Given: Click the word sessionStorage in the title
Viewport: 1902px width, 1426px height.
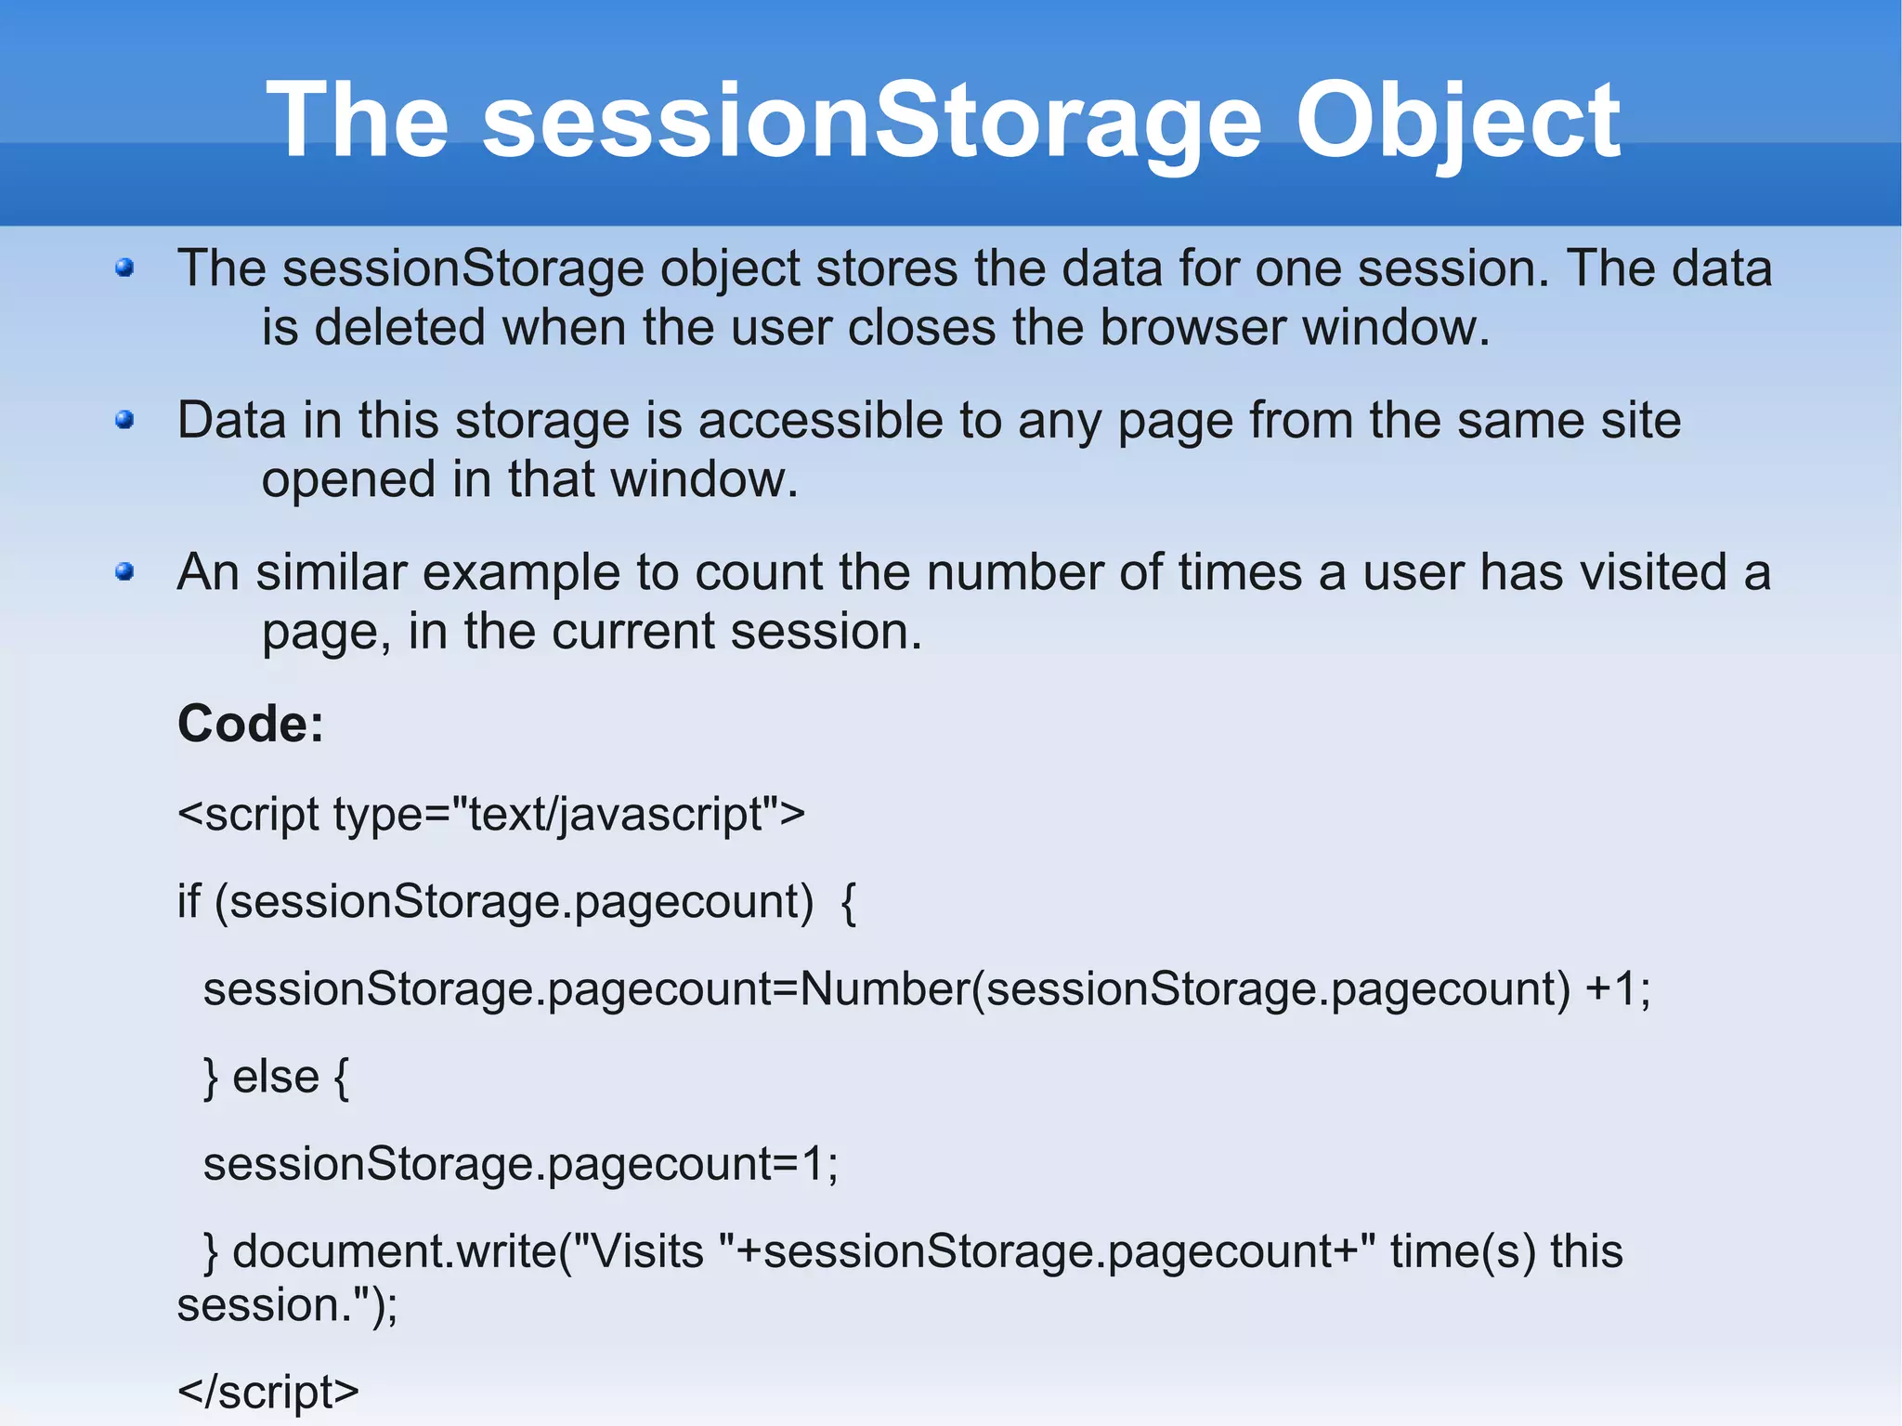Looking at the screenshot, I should coord(871,121).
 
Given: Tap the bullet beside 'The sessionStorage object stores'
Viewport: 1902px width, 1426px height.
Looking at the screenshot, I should coord(125,269).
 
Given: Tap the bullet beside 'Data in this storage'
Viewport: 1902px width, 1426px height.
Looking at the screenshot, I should coord(125,421).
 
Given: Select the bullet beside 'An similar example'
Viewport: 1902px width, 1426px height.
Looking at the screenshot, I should coord(125,572).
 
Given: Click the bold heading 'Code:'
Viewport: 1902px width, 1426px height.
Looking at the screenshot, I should coord(251,724).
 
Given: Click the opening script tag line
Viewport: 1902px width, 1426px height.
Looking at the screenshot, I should coord(490,815).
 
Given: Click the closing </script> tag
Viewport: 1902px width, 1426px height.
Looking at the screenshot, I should coord(267,1392).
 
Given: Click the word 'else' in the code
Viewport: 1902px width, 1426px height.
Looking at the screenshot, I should coord(275,1078).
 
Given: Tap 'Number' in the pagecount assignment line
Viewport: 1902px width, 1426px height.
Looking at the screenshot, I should coord(883,988).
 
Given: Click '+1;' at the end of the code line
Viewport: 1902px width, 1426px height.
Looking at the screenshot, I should coord(1618,988).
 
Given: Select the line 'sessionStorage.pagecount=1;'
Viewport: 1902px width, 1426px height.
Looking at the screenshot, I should coord(520,1164).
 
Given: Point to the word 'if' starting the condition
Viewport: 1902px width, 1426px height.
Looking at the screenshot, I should coord(189,901).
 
